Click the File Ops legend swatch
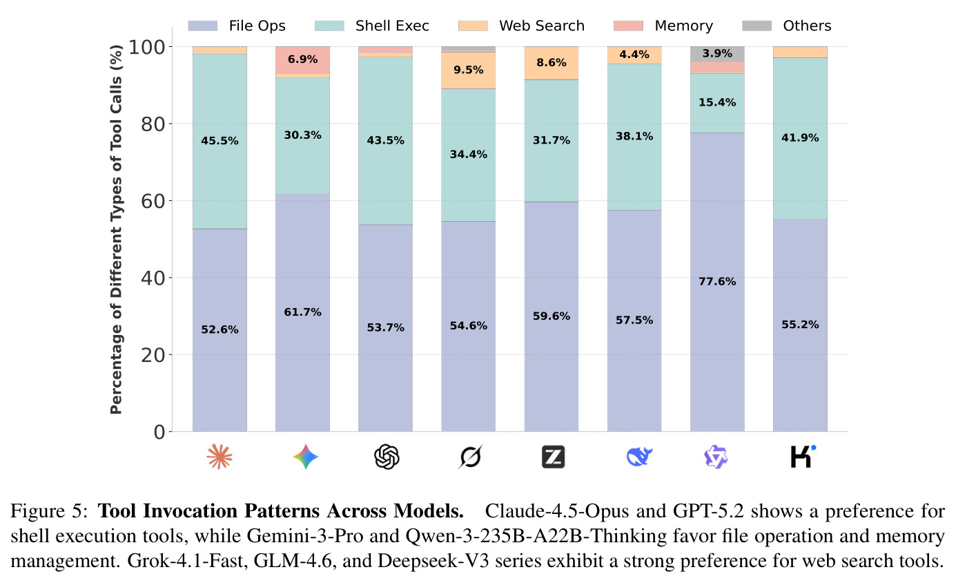(x=203, y=26)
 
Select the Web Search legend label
(x=542, y=26)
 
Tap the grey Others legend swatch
(x=757, y=26)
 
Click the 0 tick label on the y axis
(x=159, y=432)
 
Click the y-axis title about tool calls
(x=116, y=229)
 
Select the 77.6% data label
(x=717, y=281)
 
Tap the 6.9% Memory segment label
(x=302, y=59)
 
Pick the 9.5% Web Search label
(x=468, y=70)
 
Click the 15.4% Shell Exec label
(x=717, y=102)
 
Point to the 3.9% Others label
(x=717, y=53)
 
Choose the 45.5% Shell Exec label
(x=220, y=140)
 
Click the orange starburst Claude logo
(x=220, y=457)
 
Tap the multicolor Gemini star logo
(x=306, y=457)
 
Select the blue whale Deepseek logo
(x=639, y=457)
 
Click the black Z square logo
(x=553, y=457)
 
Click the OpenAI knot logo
(x=387, y=457)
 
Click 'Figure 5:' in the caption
(x=49, y=511)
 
